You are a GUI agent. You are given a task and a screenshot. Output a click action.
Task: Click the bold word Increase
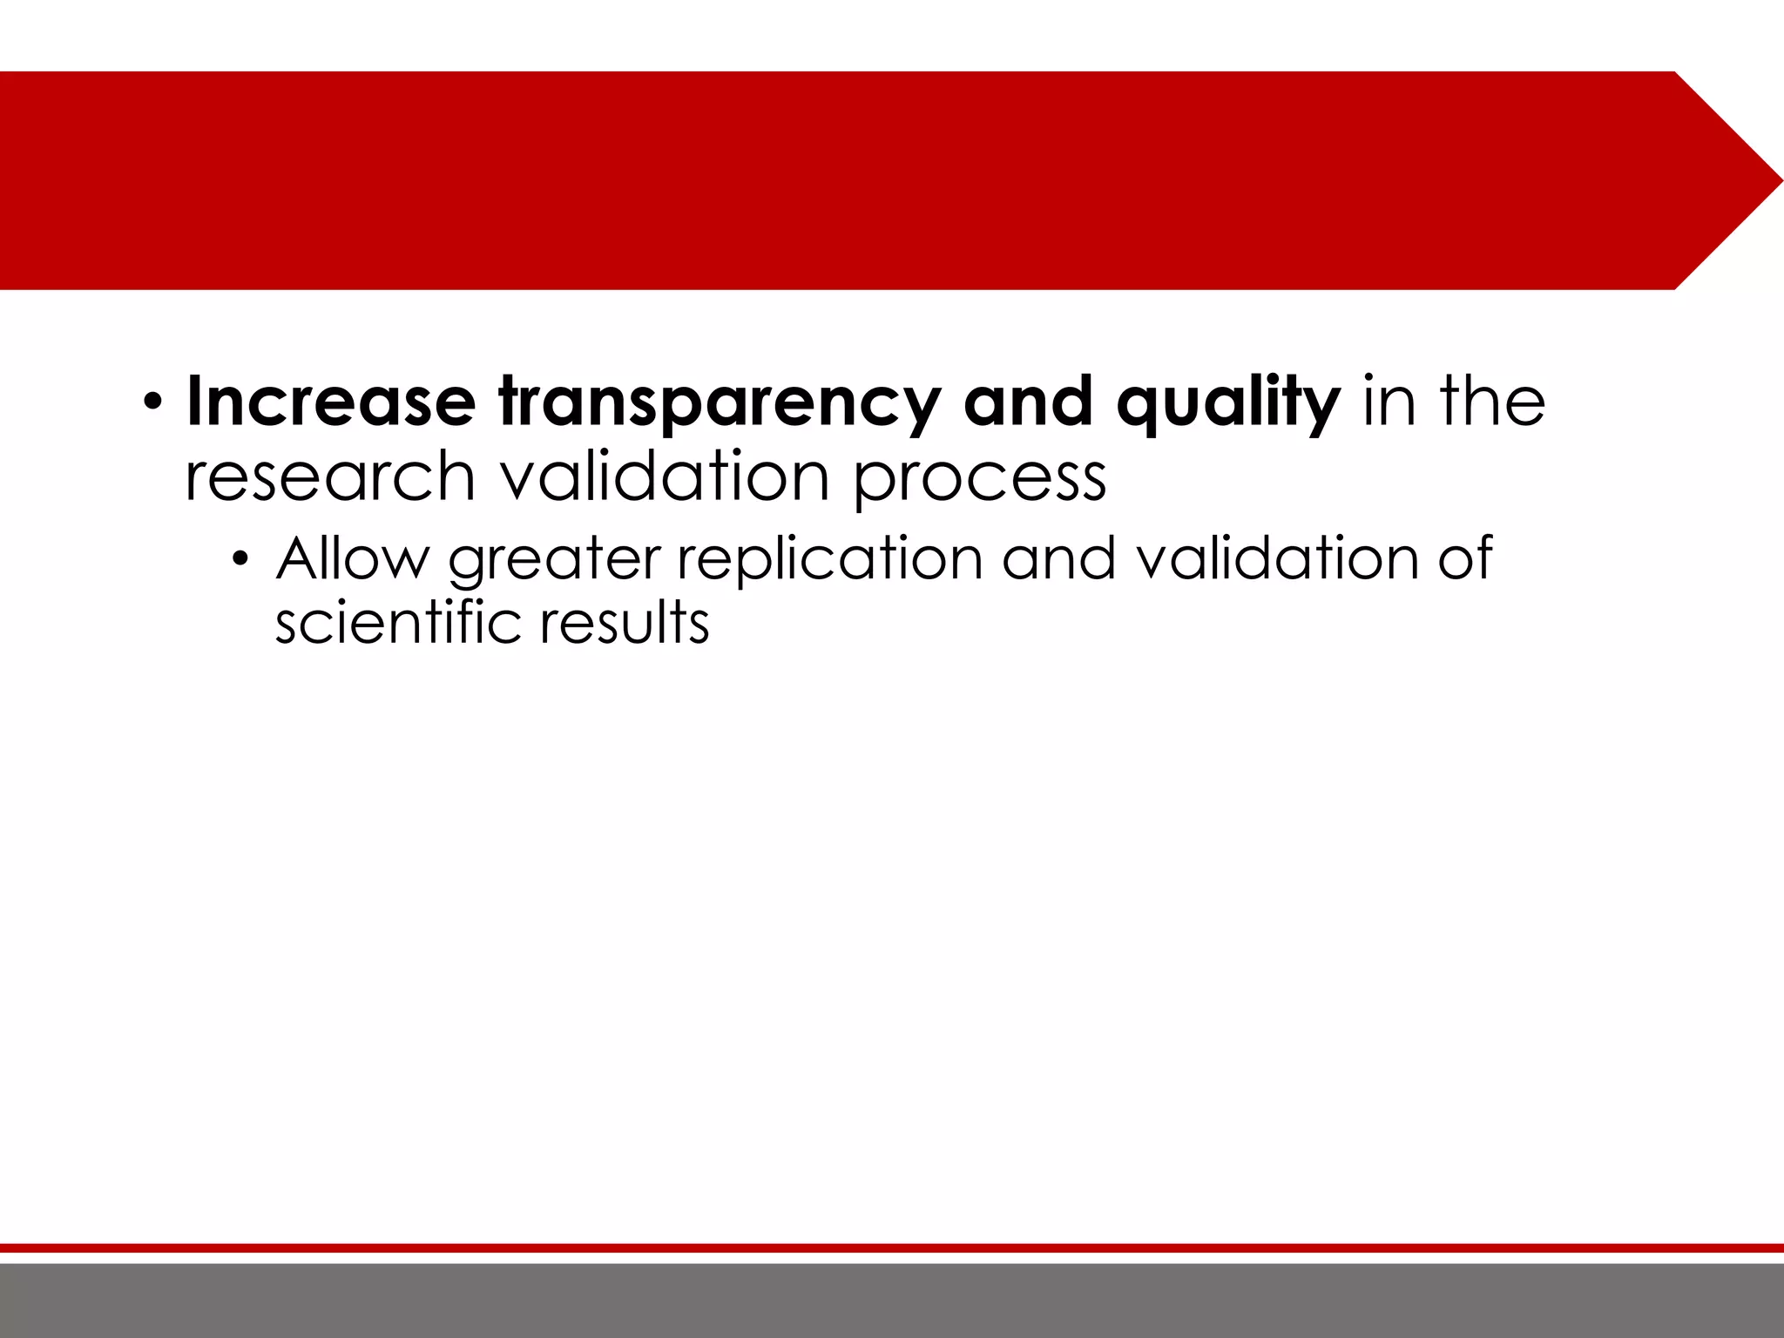[331, 402]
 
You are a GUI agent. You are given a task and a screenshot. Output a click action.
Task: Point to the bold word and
[1027, 402]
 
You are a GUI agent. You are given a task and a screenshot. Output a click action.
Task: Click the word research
[330, 478]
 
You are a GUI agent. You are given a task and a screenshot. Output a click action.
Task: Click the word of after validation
[1466, 557]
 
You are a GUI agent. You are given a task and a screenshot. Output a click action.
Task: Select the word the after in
[1493, 402]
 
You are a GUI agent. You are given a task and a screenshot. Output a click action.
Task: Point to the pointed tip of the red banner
[1777, 180]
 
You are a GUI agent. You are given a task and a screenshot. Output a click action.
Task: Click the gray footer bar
[892, 1300]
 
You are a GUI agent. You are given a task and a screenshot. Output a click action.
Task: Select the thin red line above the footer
[892, 1247]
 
